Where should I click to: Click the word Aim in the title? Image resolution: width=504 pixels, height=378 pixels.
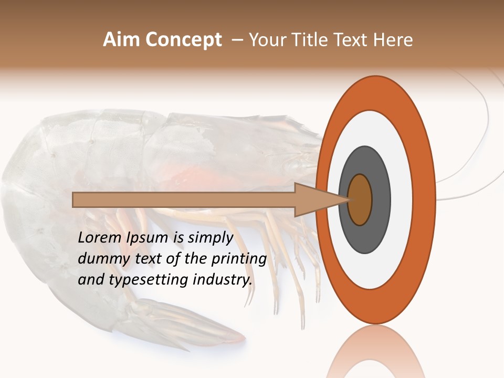(x=121, y=40)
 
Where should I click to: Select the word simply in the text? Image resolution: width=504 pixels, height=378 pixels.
(x=211, y=237)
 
